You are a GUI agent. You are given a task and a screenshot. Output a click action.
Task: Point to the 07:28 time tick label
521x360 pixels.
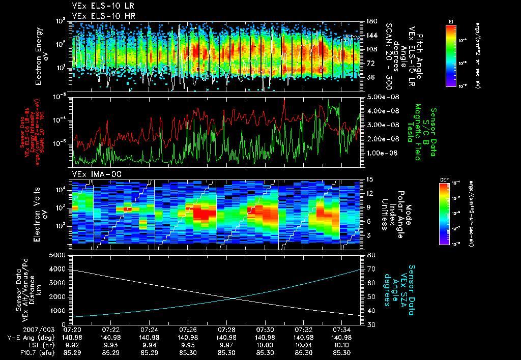point(226,329)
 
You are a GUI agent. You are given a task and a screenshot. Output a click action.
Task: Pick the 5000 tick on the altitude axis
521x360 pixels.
point(61,255)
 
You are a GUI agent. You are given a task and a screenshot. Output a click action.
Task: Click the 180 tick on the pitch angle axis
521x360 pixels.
point(371,21)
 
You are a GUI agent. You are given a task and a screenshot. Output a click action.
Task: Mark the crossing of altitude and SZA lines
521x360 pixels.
point(233,298)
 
